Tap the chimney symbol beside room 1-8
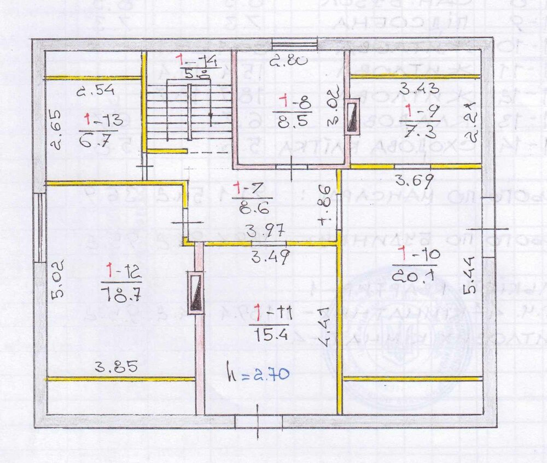(x=353, y=116)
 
